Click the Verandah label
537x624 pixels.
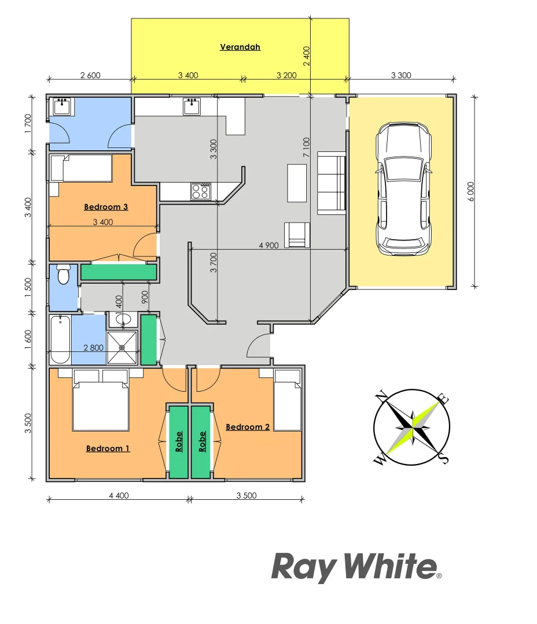coord(240,47)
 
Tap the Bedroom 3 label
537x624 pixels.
coord(106,207)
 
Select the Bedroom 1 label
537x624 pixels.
coord(108,448)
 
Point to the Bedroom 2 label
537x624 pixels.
coord(248,427)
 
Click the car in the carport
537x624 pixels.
coord(403,188)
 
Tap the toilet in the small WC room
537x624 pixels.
coord(63,274)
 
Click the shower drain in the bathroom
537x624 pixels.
coord(122,348)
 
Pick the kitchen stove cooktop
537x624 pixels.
coord(201,191)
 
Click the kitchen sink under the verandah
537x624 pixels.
coord(192,106)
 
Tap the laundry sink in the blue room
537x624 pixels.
coord(61,107)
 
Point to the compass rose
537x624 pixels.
coord(411,428)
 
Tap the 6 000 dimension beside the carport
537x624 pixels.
coord(471,191)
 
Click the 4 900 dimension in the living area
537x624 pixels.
coord(268,245)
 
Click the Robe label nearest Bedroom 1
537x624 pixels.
coord(179,441)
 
